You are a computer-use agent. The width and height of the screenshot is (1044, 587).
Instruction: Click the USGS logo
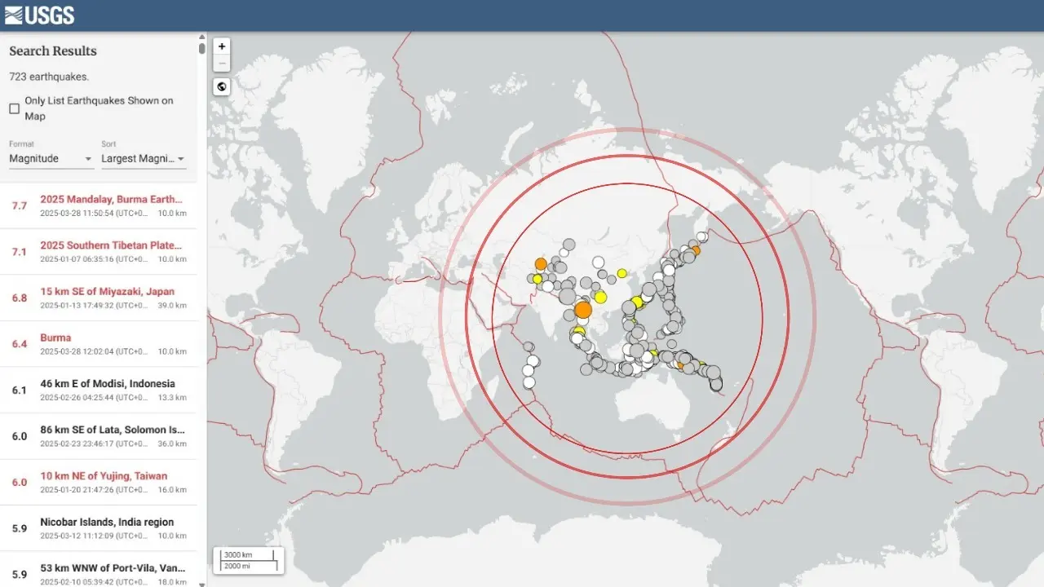39,15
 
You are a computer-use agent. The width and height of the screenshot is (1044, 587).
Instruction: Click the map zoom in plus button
222,46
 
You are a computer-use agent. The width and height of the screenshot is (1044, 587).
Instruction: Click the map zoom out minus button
222,64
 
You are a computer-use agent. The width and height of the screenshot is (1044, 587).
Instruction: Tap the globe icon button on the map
222,86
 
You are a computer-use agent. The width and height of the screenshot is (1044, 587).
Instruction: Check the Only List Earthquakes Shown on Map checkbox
15,108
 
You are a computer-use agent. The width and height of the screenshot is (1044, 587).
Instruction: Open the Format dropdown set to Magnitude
51,158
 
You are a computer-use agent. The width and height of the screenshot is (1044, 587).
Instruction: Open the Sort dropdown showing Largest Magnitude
143,158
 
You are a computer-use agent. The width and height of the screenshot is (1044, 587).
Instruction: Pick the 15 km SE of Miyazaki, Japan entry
107,292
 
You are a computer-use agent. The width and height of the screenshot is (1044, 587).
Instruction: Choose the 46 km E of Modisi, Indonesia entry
108,384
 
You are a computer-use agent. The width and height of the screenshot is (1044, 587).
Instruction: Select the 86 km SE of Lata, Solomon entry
112,430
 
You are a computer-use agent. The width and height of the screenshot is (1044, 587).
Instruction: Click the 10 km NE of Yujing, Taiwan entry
104,476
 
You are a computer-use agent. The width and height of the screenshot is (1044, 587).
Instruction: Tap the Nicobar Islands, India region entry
107,522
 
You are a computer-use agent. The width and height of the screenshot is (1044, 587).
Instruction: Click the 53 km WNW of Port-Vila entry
112,567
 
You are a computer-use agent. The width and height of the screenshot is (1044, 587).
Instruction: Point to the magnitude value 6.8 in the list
20,298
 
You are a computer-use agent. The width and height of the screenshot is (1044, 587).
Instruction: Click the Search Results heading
53,51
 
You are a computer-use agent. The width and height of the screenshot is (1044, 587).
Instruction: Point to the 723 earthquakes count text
49,77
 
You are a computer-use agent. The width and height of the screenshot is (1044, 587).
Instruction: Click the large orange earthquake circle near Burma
582,310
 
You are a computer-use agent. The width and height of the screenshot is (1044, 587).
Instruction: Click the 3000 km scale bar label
238,555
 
